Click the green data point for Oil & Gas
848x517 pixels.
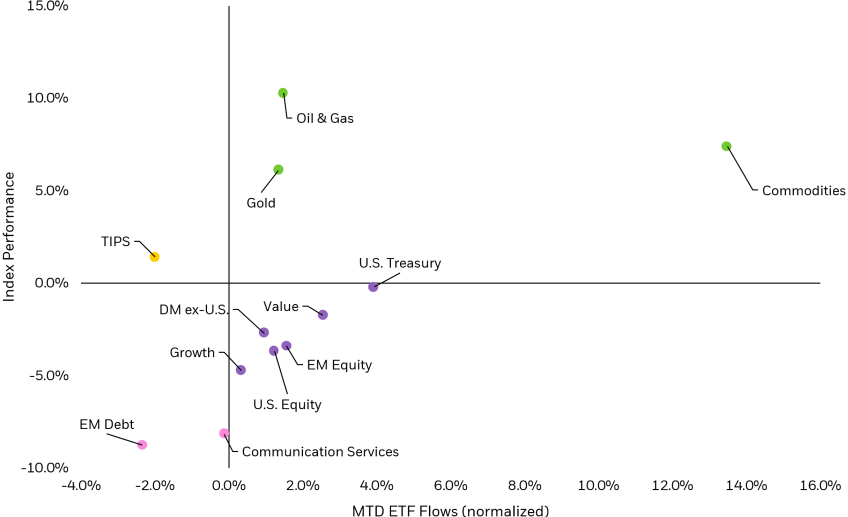click(x=283, y=93)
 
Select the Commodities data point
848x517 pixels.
click(x=726, y=146)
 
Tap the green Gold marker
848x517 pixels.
click(x=278, y=169)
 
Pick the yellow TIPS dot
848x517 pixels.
click(x=154, y=257)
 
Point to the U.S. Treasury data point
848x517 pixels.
click(x=373, y=287)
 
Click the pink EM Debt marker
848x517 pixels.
click(x=142, y=445)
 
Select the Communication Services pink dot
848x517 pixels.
click(x=224, y=433)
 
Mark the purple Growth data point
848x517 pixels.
click(x=241, y=370)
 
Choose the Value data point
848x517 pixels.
click(x=323, y=315)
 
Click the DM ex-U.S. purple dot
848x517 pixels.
click(x=264, y=332)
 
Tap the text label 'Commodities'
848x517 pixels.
click(x=803, y=191)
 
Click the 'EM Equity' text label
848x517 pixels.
click(x=339, y=365)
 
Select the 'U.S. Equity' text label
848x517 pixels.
click(x=287, y=404)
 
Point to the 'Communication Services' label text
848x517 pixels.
click(x=320, y=452)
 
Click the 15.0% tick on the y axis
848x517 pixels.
click(x=47, y=6)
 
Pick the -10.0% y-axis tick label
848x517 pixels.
click(x=44, y=468)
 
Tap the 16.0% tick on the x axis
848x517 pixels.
click(x=820, y=485)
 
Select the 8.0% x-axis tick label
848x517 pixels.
click(x=524, y=485)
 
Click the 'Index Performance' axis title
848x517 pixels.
click(x=9, y=236)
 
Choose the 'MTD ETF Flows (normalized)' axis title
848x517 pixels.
click(x=450, y=510)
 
